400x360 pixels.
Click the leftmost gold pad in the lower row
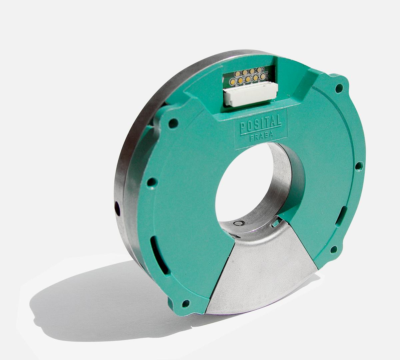232,81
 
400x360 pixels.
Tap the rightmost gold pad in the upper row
259,70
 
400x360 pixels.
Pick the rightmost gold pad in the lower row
263,77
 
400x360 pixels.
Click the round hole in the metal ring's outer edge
117,209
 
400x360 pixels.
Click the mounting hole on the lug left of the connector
173,123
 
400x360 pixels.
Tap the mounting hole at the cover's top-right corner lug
339,88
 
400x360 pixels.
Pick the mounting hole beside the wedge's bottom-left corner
186,303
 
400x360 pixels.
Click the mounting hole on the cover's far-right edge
359,166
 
